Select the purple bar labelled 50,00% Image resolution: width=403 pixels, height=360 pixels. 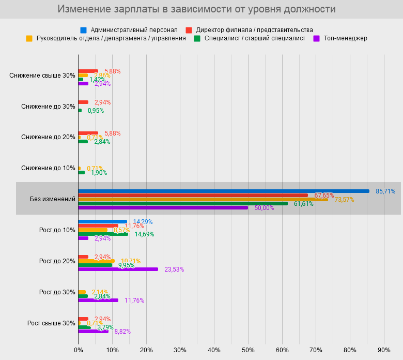pyautogui.click(x=163, y=207)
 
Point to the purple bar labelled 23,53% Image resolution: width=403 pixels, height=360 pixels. pyautogui.click(x=118, y=269)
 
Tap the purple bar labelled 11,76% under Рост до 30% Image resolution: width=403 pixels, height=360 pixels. pyautogui.click(x=98, y=300)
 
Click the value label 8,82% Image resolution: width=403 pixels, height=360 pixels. pyautogui.click(x=122, y=332)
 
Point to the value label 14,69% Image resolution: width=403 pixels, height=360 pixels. pyautogui.click(x=144, y=234)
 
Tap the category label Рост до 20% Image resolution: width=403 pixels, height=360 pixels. pyautogui.click(x=57, y=261)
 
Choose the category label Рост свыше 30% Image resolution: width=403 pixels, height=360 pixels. pyautogui.click(x=51, y=323)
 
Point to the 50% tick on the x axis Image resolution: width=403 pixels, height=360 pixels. pyautogui.click(x=248, y=350)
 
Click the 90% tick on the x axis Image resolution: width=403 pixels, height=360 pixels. pyautogui.click(x=384, y=350)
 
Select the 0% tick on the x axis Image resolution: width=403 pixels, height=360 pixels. pyautogui.click(x=78, y=350)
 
